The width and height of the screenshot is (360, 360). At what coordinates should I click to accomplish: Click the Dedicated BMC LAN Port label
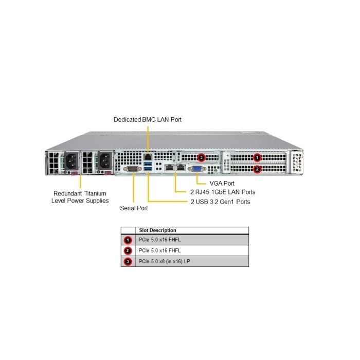pyautogui.click(x=148, y=120)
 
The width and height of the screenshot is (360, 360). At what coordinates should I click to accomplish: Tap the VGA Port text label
pyautogui.click(x=222, y=183)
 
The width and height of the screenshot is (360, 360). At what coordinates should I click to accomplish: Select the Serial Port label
pyautogui.click(x=134, y=208)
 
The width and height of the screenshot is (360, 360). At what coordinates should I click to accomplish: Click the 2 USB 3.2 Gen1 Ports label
pyautogui.click(x=220, y=202)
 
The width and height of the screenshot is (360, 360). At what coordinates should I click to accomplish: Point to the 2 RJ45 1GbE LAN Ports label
pyautogui.click(x=222, y=192)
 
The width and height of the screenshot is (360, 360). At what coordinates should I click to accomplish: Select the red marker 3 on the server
pyautogui.click(x=201, y=157)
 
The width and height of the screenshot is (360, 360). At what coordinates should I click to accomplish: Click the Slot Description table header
pyautogui.click(x=157, y=230)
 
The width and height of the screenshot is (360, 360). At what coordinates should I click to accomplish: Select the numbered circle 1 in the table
pyautogui.click(x=128, y=240)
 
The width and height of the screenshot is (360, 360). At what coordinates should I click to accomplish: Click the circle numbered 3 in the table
pyautogui.click(x=128, y=262)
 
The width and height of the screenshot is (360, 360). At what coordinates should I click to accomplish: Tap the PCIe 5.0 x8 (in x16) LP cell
pyautogui.click(x=168, y=262)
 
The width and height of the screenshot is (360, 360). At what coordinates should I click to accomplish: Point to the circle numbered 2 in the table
pyautogui.click(x=128, y=251)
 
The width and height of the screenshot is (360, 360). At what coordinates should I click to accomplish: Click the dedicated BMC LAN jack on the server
pyautogui.click(x=148, y=155)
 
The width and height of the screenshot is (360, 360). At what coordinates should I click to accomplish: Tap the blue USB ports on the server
pyautogui.click(x=149, y=167)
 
